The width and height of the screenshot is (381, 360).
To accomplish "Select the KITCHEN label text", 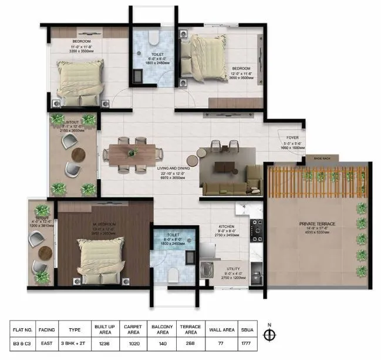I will pos(227,226).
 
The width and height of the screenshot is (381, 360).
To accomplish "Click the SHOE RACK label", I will pos(322,158).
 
